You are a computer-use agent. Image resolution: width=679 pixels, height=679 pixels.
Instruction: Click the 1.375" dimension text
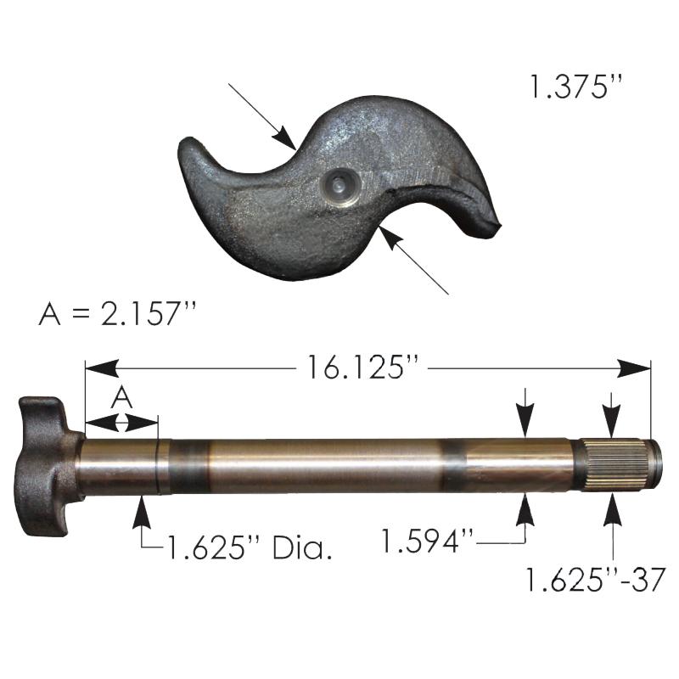pos(576,87)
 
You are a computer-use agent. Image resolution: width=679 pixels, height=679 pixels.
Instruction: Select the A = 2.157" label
pos(117,313)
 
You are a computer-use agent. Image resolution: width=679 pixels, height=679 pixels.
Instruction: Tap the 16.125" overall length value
pos(363,368)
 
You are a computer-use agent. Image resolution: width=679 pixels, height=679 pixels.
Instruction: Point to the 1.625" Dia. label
pos(249,547)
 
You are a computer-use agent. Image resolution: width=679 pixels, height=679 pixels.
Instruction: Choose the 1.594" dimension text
pos(428,541)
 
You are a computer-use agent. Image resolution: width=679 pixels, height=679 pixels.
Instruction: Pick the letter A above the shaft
pos(121,398)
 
